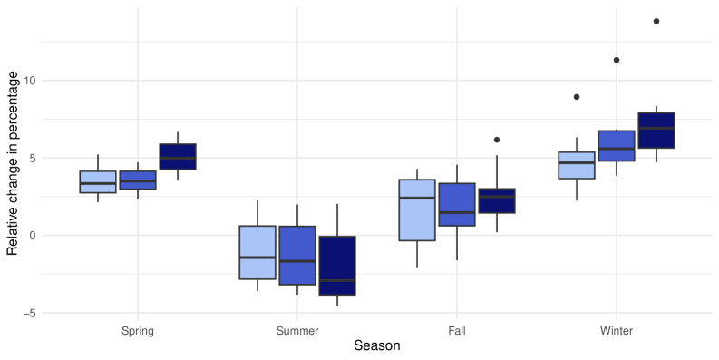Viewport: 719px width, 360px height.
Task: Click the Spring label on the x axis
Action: pyautogui.click(x=138, y=331)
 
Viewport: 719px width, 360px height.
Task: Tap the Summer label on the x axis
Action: pyautogui.click(x=297, y=331)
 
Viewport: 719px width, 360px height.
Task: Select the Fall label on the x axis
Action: pyautogui.click(x=457, y=331)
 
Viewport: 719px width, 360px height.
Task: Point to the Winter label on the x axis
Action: pyautogui.click(x=617, y=331)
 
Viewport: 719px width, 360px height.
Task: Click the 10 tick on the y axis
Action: pyautogui.click(x=30, y=81)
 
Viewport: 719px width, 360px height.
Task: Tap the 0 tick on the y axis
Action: pyautogui.click(x=33, y=236)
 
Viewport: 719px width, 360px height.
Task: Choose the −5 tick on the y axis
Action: pyautogui.click(x=30, y=313)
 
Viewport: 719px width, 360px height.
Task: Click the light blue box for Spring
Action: pyautogui.click(x=98, y=181)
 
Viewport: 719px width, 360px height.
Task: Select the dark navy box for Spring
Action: pyautogui.click(x=178, y=156)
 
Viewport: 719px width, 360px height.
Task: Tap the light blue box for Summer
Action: pyautogui.click(x=257, y=252)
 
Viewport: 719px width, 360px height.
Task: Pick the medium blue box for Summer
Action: pyautogui.click(x=297, y=255)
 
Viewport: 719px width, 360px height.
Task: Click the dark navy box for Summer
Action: pyautogui.click(x=337, y=266)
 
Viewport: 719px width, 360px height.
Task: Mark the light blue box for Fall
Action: pyautogui.click(x=417, y=209)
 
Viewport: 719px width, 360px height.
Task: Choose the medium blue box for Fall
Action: pyautogui.click(x=457, y=204)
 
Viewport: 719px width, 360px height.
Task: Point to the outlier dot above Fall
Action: pyautogui.click(x=497, y=140)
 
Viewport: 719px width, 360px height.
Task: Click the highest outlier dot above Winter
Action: pyautogui.click(x=656, y=22)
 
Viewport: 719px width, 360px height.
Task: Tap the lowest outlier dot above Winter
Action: pyautogui.click(x=577, y=97)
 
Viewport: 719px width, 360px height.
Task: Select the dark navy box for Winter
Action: pyautogui.click(x=656, y=130)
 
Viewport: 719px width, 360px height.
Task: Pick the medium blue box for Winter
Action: pyautogui.click(x=617, y=146)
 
